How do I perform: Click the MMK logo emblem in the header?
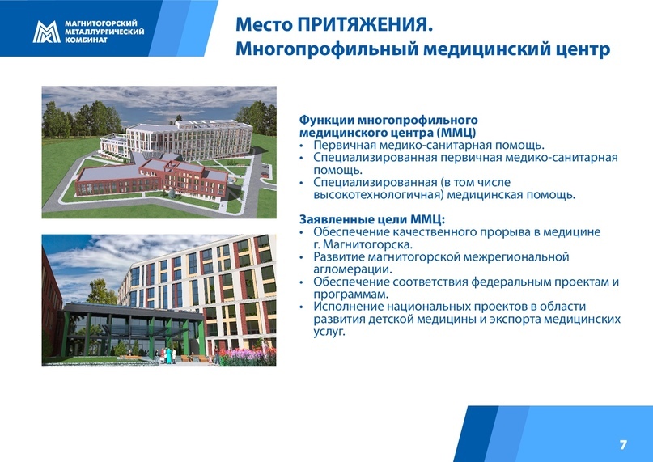(46, 32)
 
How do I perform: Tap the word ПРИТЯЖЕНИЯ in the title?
(363, 24)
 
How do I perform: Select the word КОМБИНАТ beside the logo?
(87, 40)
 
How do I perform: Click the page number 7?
(623, 445)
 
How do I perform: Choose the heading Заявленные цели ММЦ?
(372, 219)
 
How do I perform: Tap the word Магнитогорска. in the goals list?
(367, 244)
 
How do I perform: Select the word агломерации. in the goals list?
(353, 269)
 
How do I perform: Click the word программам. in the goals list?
(350, 295)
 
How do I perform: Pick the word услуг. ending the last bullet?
(329, 332)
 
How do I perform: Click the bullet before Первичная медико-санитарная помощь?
(302, 146)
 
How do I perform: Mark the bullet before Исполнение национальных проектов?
(302, 307)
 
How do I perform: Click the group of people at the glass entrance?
(167, 355)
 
